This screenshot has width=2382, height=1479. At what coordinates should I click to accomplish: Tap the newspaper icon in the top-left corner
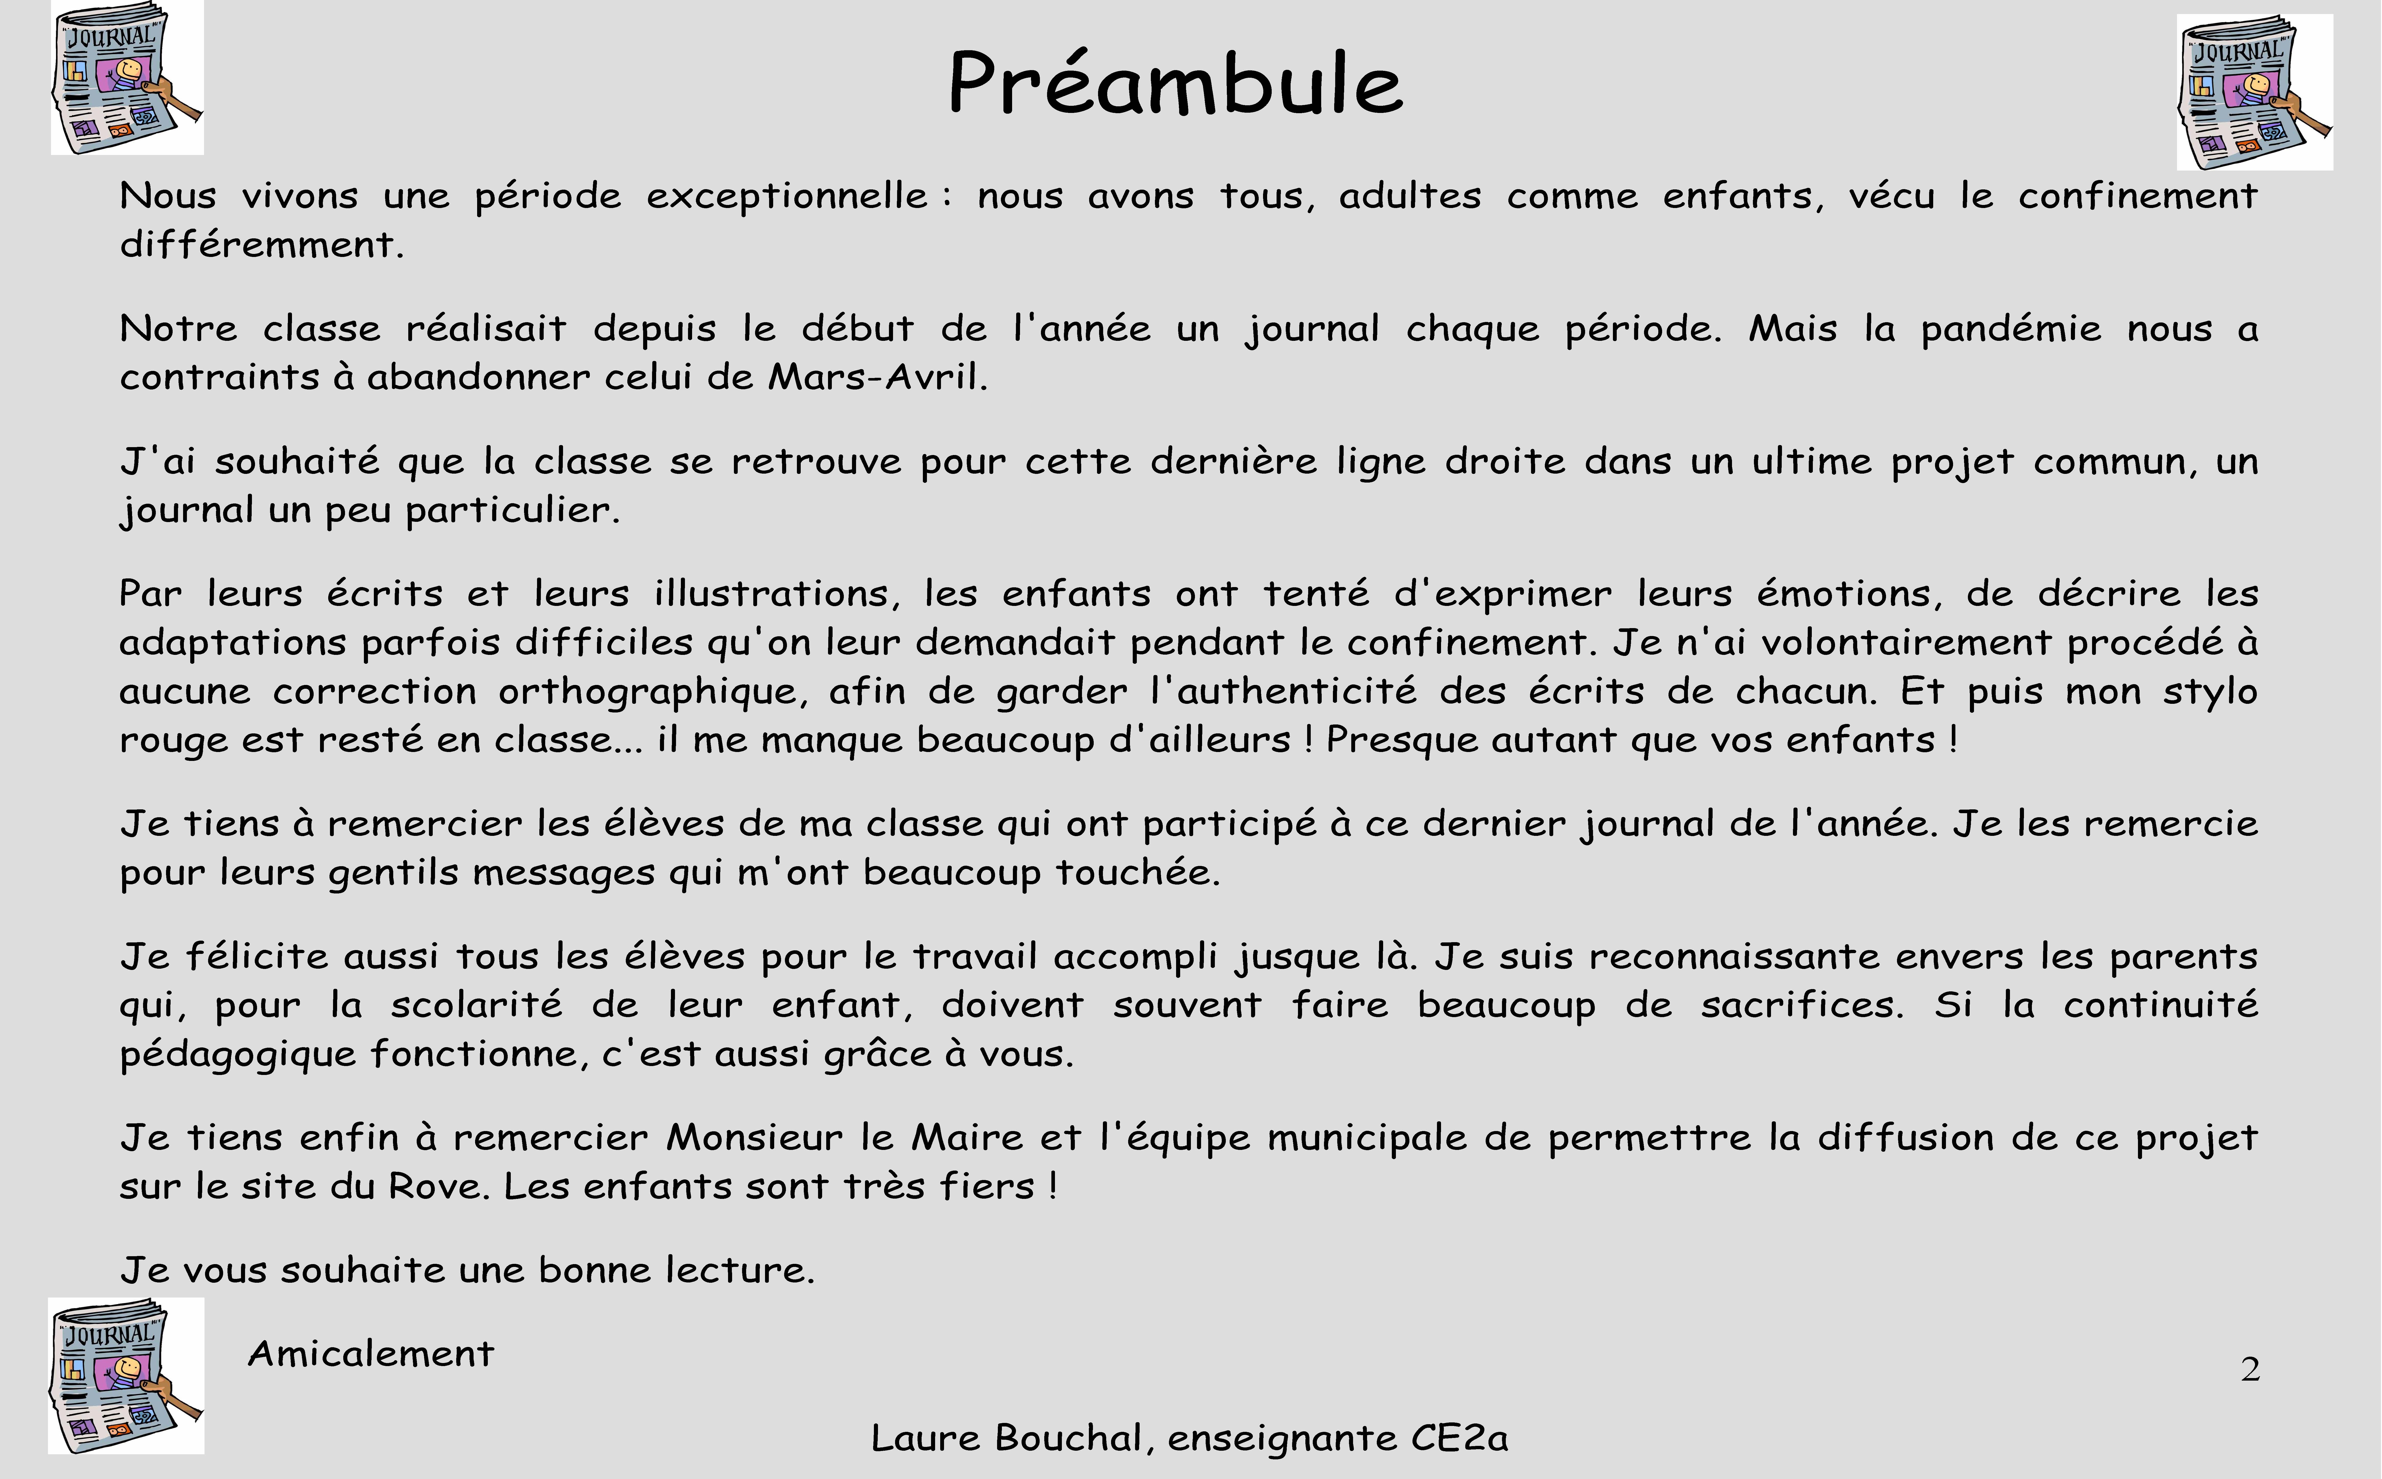127,77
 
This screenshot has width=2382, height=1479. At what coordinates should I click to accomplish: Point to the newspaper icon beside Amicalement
126,1375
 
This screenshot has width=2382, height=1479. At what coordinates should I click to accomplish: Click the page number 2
2250,1369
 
